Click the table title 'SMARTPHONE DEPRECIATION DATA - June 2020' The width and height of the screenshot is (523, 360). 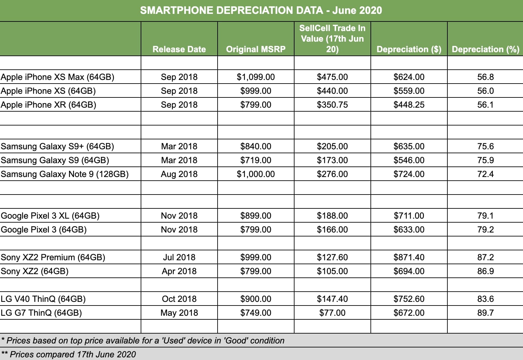click(261, 10)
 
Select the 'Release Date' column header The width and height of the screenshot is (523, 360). click(179, 49)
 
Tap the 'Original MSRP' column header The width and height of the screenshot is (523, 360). click(256, 49)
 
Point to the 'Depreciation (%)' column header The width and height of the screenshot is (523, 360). click(485, 49)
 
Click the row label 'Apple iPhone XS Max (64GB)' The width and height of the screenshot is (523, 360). click(57, 77)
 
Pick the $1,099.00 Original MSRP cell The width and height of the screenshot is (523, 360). click(256, 77)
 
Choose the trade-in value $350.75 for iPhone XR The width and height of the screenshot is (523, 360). click(332, 105)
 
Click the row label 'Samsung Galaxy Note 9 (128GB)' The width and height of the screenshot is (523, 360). click(65, 174)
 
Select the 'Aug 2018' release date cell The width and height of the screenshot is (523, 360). click(179, 174)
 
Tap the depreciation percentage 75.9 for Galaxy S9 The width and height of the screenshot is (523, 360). click(485, 160)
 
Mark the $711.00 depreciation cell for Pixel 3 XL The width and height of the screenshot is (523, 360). click(409, 216)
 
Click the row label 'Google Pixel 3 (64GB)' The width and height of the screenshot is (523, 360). click(44, 230)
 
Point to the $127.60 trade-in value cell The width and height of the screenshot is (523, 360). click(332, 257)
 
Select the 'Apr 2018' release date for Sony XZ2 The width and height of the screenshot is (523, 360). click(179, 271)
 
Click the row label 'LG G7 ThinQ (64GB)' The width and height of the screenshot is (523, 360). click(41, 313)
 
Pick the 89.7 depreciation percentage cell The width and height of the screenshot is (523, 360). click(485, 313)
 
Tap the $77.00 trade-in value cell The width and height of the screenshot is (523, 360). click(332, 313)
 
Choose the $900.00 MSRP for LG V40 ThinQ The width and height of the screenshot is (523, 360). click(256, 299)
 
